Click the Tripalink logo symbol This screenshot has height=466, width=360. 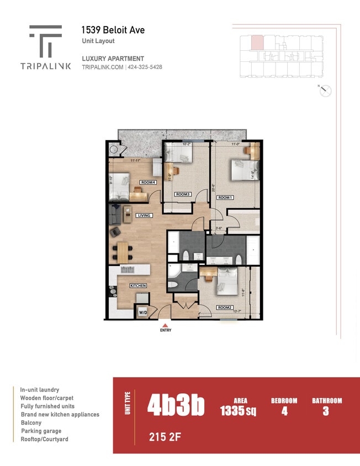[x=45, y=41]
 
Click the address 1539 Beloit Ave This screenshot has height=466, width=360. [x=113, y=30]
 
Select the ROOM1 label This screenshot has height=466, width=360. [x=225, y=197]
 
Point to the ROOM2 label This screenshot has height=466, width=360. [x=224, y=308]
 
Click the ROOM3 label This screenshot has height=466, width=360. [x=183, y=194]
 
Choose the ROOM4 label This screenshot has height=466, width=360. [x=147, y=182]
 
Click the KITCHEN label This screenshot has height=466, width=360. [x=138, y=285]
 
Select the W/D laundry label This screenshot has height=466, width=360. [x=142, y=313]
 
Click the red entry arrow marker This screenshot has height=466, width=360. [x=165, y=325]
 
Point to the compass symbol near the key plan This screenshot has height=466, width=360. [x=325, y=91]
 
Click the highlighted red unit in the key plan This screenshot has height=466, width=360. [x=257, y=43]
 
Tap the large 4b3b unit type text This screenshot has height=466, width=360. [x=176, y=406]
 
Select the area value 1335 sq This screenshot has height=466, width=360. [x=238, y=411]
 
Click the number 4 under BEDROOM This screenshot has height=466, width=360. [x=284, y=411]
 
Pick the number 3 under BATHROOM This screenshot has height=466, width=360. [x=326, y=411]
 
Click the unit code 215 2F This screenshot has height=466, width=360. [x=165, y=437]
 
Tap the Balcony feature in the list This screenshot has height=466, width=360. [x=31, y=422]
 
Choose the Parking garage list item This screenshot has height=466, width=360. [x=41, y=431]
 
